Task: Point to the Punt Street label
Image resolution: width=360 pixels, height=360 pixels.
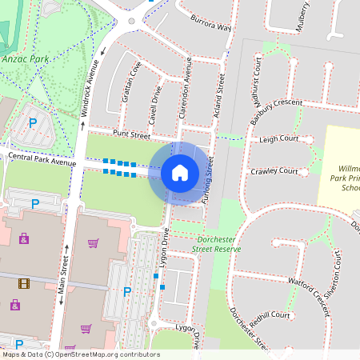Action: click(x=132, y=135)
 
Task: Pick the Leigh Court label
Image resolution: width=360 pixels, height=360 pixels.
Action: click(x=278, y=138)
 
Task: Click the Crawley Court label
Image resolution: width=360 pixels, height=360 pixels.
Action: click(x=274, y=171)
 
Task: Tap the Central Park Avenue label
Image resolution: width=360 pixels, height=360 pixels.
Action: click(x=42, y=159)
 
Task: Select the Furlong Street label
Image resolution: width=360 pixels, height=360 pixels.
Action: click(x=210, y=180)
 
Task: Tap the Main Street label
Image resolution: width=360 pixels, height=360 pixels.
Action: click(x=62, y=276)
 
